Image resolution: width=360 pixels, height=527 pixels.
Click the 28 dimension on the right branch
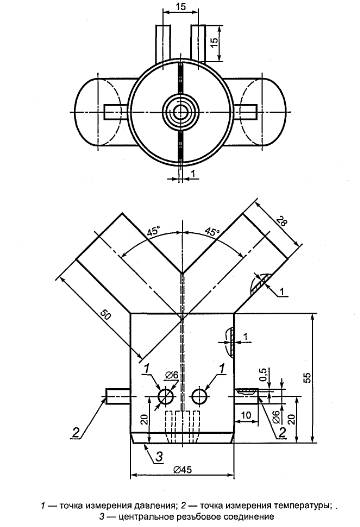pos(281,222)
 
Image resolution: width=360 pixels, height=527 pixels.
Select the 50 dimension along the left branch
pos(105,315)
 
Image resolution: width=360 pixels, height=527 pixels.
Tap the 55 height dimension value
pos(307,377)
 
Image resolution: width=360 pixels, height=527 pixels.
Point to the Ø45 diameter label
pos(183,470)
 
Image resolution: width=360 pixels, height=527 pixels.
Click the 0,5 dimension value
pos(263,374)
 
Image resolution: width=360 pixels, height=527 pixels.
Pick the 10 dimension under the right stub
pos(246,415)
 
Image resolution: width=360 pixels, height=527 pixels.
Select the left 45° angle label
pos(153,232)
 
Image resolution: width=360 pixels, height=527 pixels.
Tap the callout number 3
pos(159,456)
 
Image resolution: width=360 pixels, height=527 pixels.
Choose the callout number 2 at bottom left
pos(76,432)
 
